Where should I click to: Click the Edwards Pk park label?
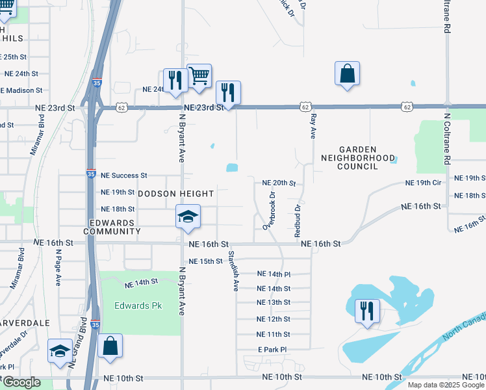pyautogui.click(x=138, y=305)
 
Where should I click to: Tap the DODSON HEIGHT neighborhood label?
pyautogui.click(x=175, y=194)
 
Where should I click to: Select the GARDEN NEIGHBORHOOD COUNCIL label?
pyautogui.click(x=358, y=158)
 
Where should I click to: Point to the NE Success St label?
pyautogui.click(x=121, y=175)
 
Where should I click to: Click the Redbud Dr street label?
pyautogui.click(x=298, y=220)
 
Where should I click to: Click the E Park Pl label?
pyautogui.click(x=272, y=350)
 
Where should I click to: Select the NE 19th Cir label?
pyautogui.click(x=422, y=183)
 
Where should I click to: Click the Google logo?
pyautogui.click(x=22, y=382)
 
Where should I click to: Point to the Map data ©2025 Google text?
pyautogui.click(x=445, y=385)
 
